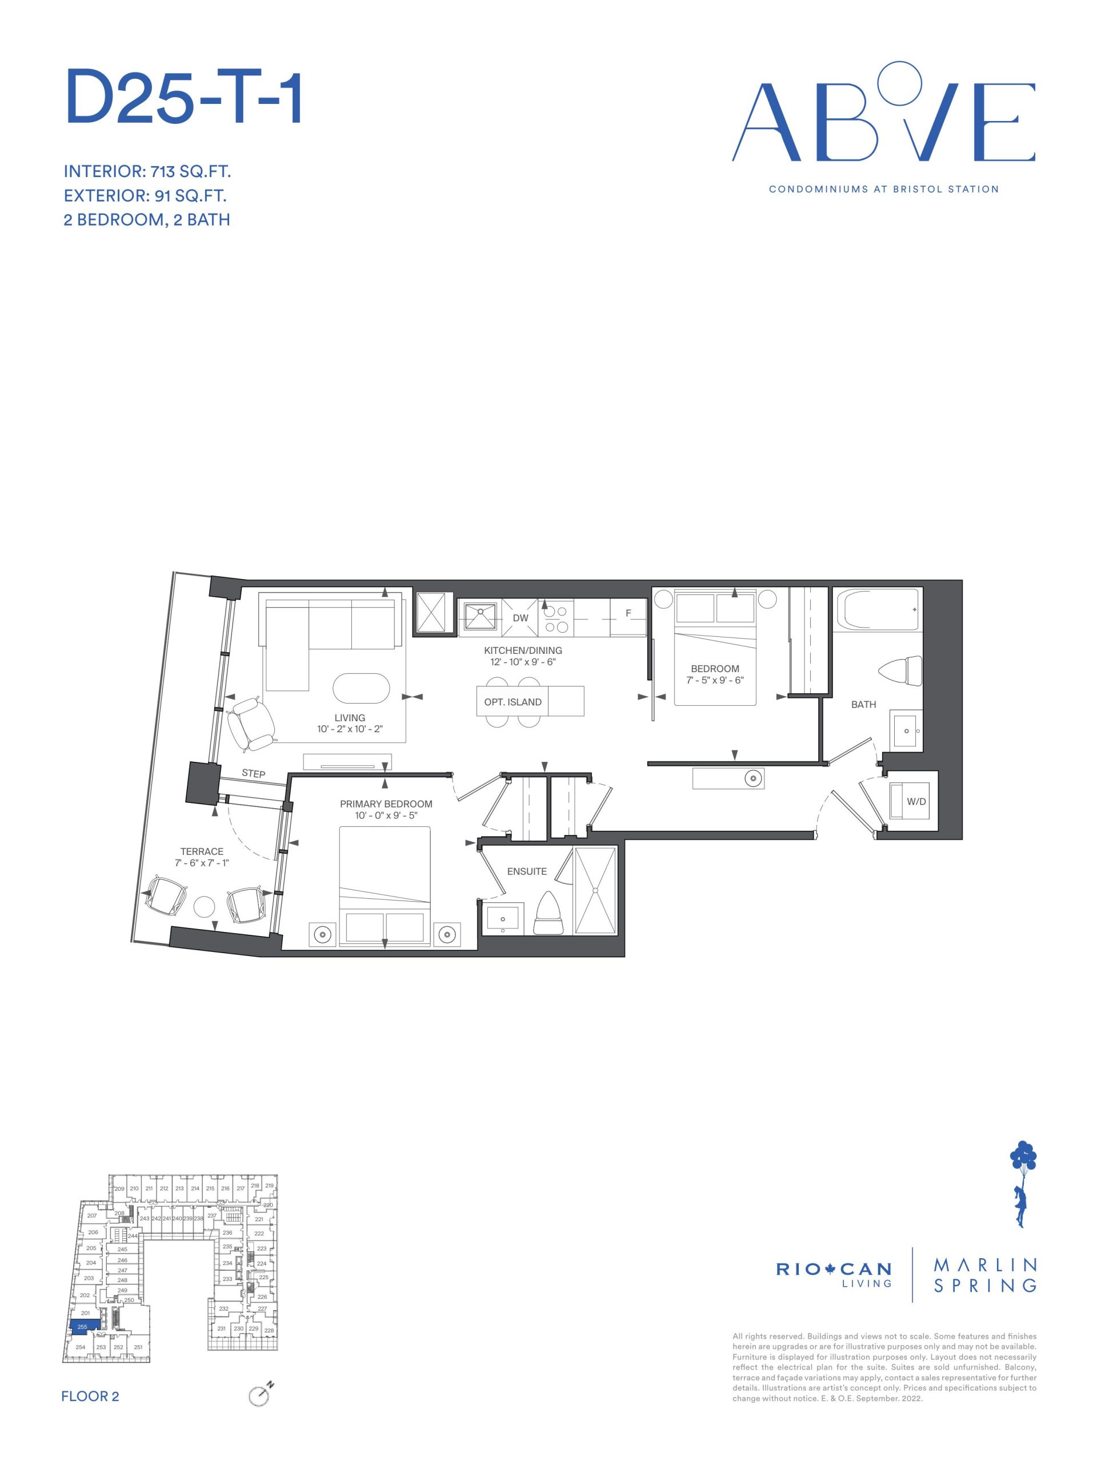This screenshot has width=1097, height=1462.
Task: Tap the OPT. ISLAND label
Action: pos(513,702)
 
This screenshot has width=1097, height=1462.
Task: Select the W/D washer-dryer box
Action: pos(911,801)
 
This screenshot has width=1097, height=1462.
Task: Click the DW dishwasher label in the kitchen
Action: pos(521,618)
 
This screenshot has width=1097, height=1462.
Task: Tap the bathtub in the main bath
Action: pos(878,610)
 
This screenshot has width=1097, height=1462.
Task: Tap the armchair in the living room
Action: pos(251,724)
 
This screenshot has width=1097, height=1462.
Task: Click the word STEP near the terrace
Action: pos(253,773)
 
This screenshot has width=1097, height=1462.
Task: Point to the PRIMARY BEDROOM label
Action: pos(386,804)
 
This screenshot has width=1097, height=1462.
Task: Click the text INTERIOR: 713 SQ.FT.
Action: pos(147,172)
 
